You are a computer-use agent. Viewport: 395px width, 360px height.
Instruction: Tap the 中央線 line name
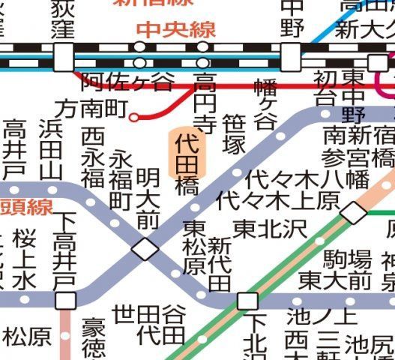tap(177, 30)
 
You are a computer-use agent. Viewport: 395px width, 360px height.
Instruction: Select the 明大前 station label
tap(148, 199)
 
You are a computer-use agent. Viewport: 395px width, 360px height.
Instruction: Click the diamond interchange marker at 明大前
tap(145, 249)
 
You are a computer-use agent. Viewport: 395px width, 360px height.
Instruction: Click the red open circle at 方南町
tap(134, 116)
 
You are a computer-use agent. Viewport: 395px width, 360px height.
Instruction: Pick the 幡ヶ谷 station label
tap(265, 105)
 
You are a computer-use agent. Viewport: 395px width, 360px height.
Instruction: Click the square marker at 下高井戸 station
tap(66, 301)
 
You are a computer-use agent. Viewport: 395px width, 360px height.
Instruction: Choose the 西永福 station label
tap(93, 158)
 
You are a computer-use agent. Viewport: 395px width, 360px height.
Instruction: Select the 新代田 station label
tap(219, 264)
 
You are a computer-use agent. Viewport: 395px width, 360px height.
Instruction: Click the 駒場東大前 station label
tap(335, 271)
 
